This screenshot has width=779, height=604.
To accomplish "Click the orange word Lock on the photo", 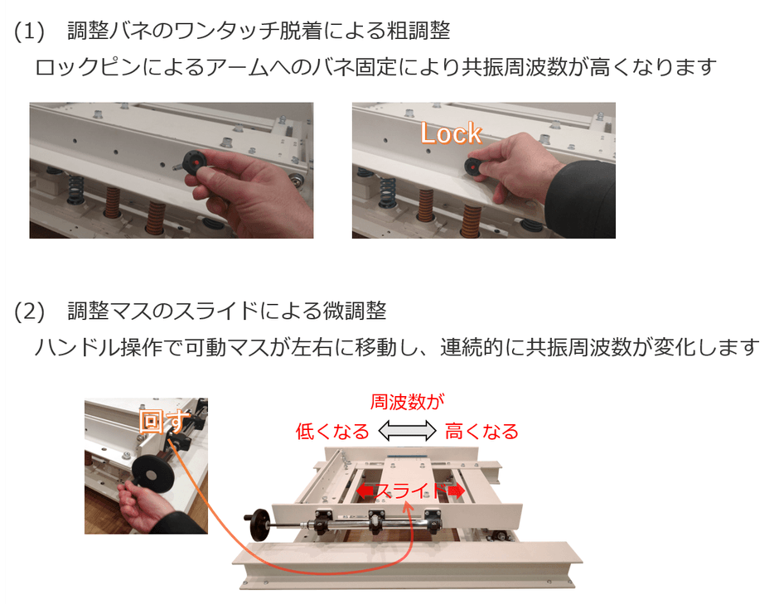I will click(450, 133).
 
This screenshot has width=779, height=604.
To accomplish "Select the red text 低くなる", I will click(331, 432).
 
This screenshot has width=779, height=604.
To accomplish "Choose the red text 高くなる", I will click(481, 432).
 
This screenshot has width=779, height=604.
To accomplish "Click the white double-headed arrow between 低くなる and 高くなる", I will click(407, 431).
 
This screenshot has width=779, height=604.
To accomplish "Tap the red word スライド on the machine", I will click(409, 491).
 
